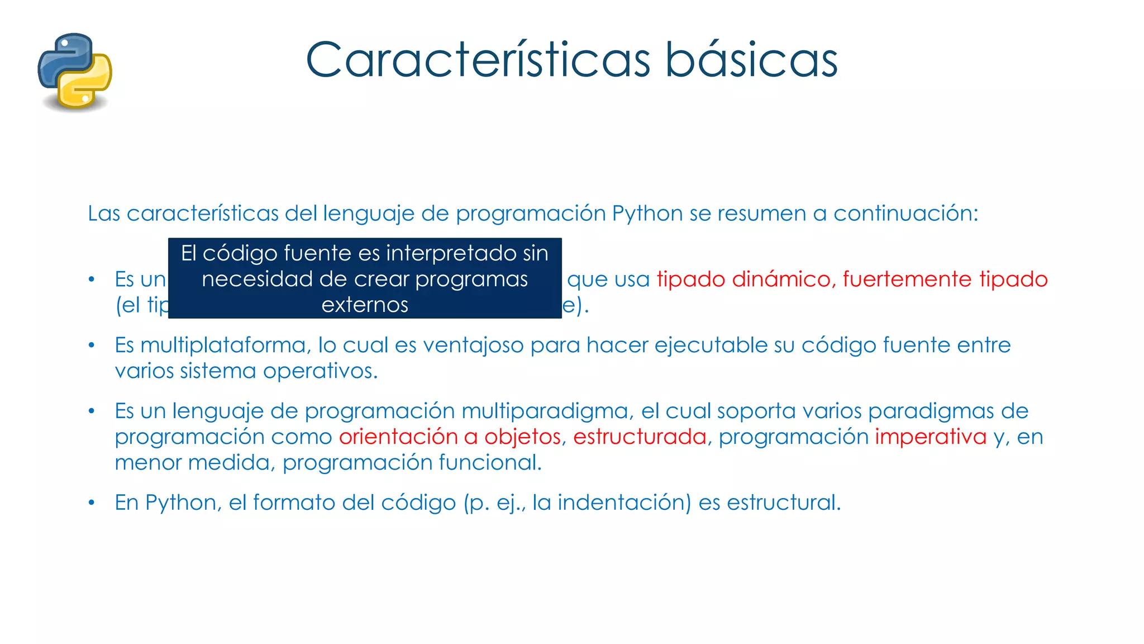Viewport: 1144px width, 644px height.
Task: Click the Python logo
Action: click(75, 72)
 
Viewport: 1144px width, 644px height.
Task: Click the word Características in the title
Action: click(478, 60)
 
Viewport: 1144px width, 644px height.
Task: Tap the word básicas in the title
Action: click(751, 60)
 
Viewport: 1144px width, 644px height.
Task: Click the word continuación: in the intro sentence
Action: click(905, 214)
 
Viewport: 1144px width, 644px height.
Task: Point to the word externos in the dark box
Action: click(365, 305)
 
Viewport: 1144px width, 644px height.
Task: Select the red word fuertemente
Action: click(907, 280)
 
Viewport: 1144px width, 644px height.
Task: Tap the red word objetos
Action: click(522, 437)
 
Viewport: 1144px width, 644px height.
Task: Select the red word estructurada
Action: click(640, 437)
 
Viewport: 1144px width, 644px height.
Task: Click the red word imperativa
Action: click(931, 437)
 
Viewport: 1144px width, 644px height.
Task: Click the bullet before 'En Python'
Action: click(92, 503)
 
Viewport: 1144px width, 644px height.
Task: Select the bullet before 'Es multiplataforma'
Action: click(92, 345)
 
